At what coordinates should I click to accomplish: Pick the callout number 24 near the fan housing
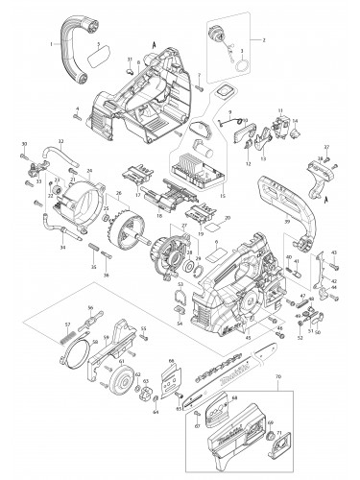(88, 171)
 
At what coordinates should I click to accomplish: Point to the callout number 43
(335, 252)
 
